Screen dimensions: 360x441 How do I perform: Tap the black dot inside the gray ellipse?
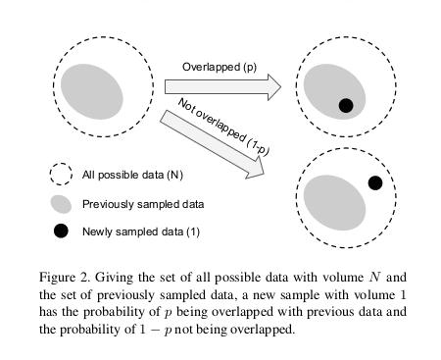tap(345, 105)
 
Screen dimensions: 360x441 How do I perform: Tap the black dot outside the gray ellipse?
tap(374, 183)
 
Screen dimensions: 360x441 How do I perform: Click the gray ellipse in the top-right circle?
tap(331, 89)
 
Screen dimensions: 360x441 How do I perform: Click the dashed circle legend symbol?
tap(61, 176)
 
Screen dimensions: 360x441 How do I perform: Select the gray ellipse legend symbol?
tap(61, 204)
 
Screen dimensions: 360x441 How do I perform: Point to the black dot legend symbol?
tap(61, 231)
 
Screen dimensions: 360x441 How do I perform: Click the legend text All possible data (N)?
tap(131, 176)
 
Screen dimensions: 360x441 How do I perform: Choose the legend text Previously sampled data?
tap(143, 204)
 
